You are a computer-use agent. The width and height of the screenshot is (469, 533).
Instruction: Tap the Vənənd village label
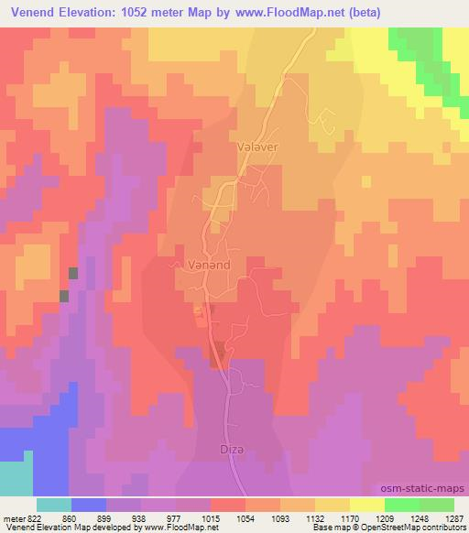(196, 263)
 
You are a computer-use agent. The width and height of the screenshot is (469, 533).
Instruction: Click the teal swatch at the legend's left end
(54, 504)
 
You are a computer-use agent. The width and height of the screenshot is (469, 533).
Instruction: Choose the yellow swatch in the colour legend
(367, 504)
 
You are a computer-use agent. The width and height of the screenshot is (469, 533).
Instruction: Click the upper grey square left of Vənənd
(73, 273)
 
